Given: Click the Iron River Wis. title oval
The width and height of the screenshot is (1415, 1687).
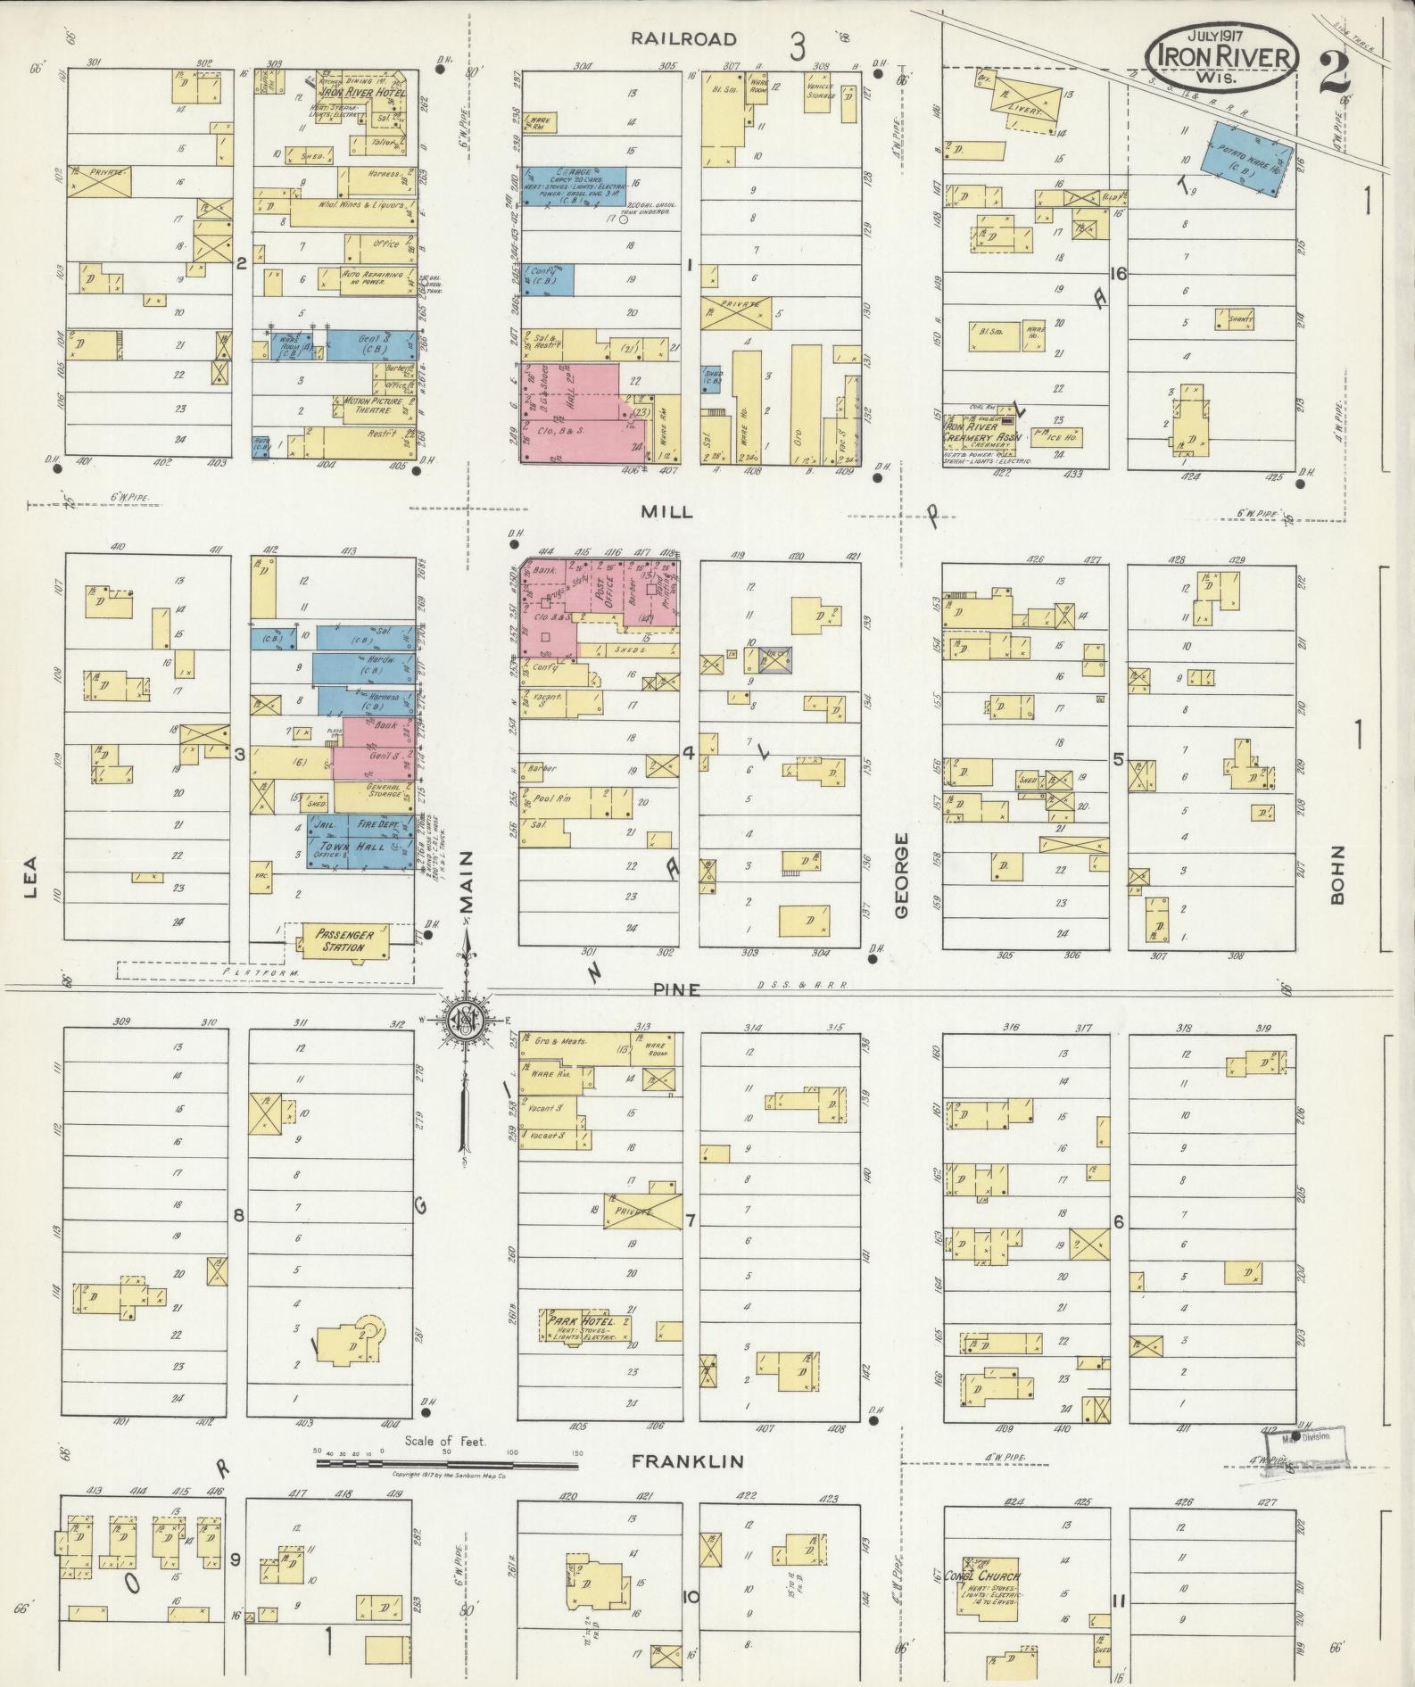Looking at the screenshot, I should (1221, 54).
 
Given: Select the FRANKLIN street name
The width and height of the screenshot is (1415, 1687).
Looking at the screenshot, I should (687, 1461).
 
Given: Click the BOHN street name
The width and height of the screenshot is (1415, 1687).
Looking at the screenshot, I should (1336, 875).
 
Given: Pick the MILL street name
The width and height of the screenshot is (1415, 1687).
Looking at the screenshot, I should (666, 511).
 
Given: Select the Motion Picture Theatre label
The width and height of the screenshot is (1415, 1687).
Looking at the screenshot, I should (373, 405).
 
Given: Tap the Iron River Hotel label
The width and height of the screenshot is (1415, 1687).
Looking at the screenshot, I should (362, 92).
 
